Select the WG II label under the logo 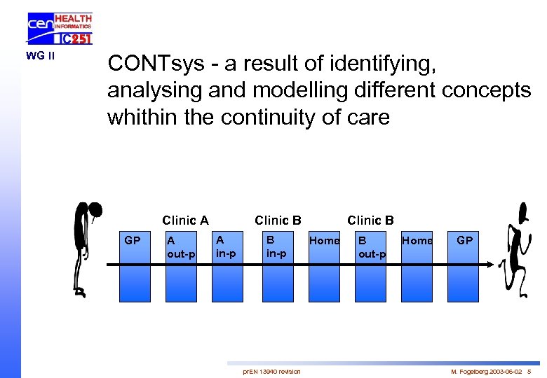(41, 55)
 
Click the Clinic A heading (185, 220)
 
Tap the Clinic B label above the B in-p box (278, 220)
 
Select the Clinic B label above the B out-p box (370, 220)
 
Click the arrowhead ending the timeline (494, 265)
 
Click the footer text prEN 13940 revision (271, 371)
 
